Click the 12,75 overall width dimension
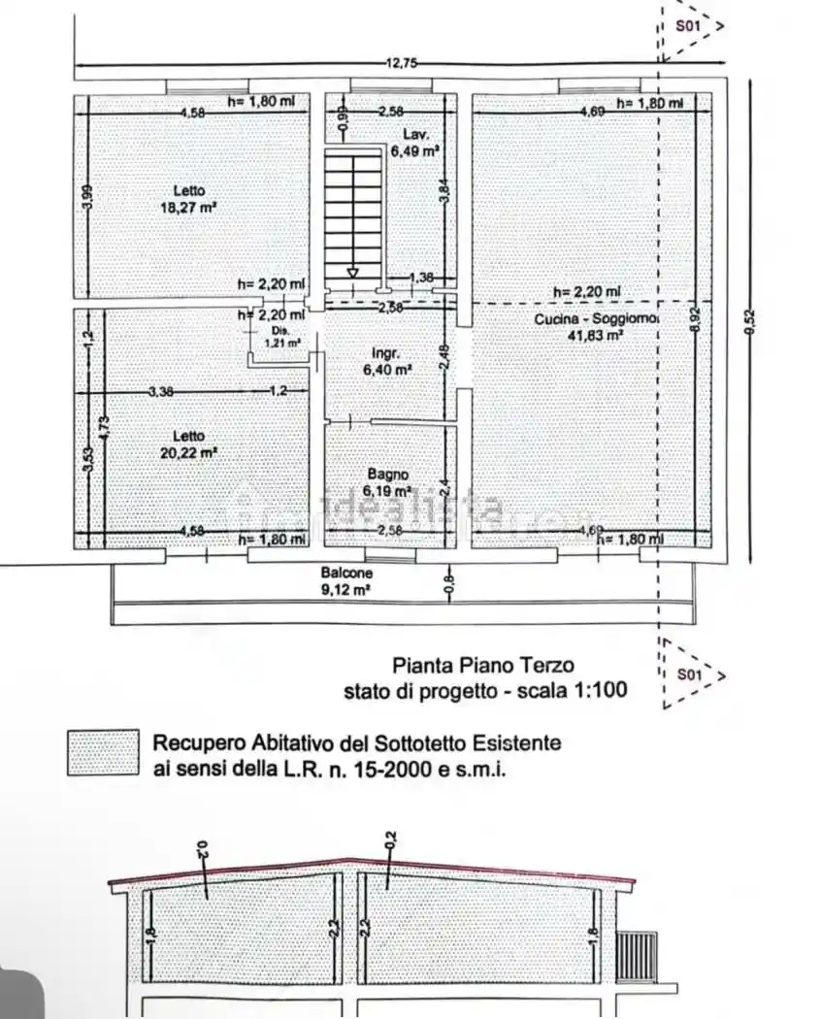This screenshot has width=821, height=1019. (401, 63)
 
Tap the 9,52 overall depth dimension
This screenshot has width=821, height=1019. (748, 321)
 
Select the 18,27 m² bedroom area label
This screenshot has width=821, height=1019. (188, 207)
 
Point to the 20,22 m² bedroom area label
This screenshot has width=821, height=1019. (188, 452)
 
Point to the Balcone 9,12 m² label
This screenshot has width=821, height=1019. (347, 579)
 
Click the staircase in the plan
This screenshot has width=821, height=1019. (353, 218)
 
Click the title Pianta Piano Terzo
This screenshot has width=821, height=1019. (482, 666)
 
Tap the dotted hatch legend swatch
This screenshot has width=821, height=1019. (103, 754)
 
